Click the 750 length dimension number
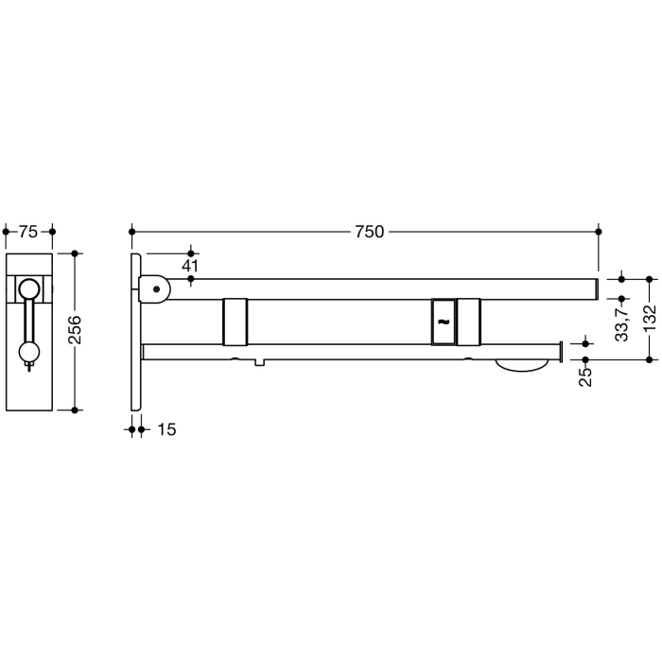tap(369, 232)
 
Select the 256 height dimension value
tap(76, 330)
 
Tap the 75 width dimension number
tap(28, 232)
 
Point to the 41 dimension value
tap(191, 267)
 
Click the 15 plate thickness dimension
tap(165, 429)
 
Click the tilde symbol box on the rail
tap(443, 321)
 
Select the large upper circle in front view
tap(30, 290)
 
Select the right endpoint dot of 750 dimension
tap(598, 231)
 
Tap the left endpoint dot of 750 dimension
tap(132, 231)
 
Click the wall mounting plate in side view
tap(136, 331)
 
